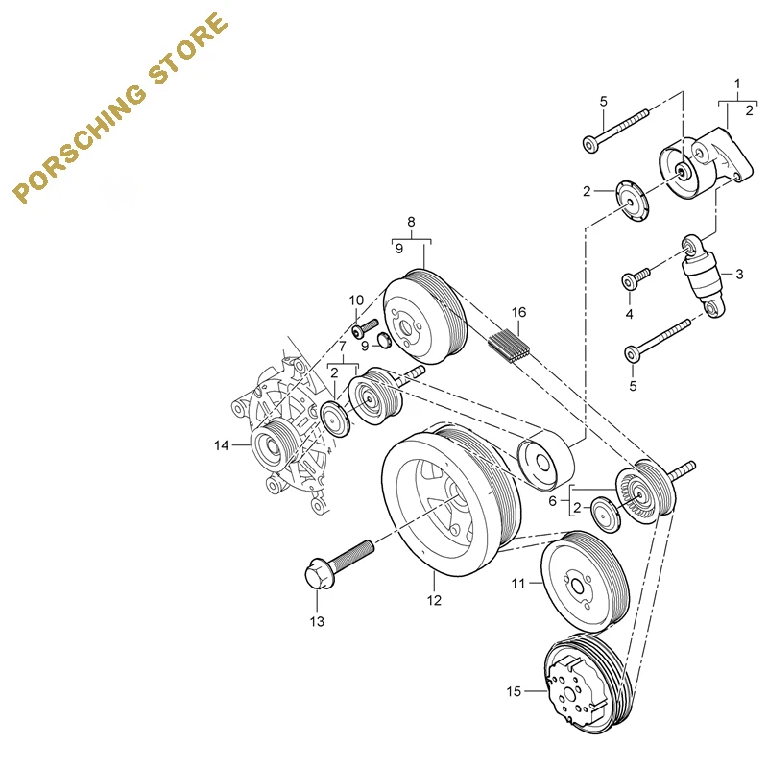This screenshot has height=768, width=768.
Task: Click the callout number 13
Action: coord(317,622)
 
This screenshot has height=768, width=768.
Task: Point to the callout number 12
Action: coord(434,601)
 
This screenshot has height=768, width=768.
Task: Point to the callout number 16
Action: coord(518,312)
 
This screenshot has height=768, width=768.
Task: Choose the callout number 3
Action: coord(739,274)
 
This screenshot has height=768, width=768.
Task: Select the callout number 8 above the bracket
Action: coord(412,222)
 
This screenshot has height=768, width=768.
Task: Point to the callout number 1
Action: coord(737,83)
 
